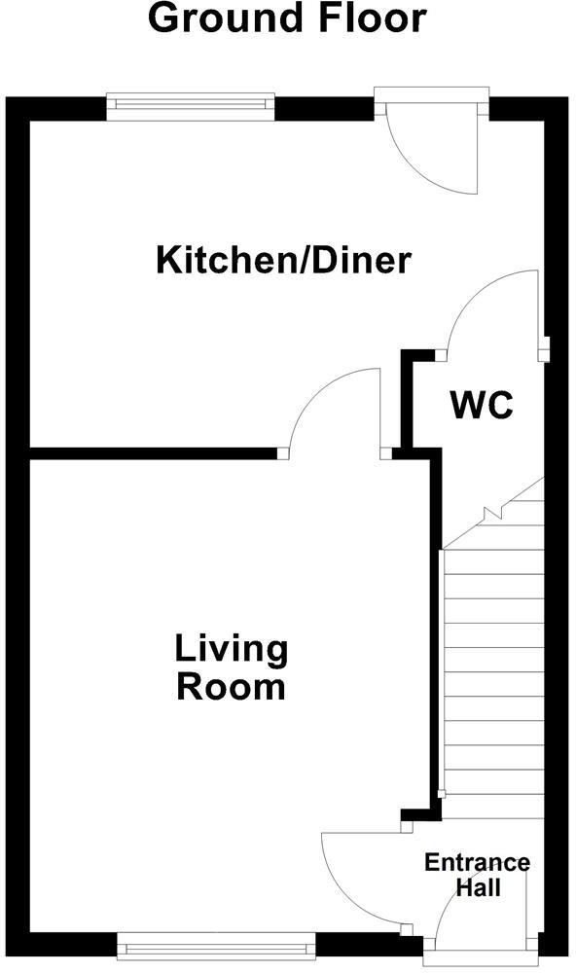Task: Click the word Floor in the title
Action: point(371,19)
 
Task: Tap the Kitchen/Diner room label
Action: point(284,262)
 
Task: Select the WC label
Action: point(481,405)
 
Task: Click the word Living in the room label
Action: point(231,648)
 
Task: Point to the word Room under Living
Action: point(231,688)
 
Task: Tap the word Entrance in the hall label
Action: point(477,863)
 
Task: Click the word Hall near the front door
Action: point(477,887)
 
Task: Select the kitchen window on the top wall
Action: point(191,107)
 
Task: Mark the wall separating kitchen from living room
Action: point(156,452)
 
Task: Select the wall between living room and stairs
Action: point(436,632)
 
